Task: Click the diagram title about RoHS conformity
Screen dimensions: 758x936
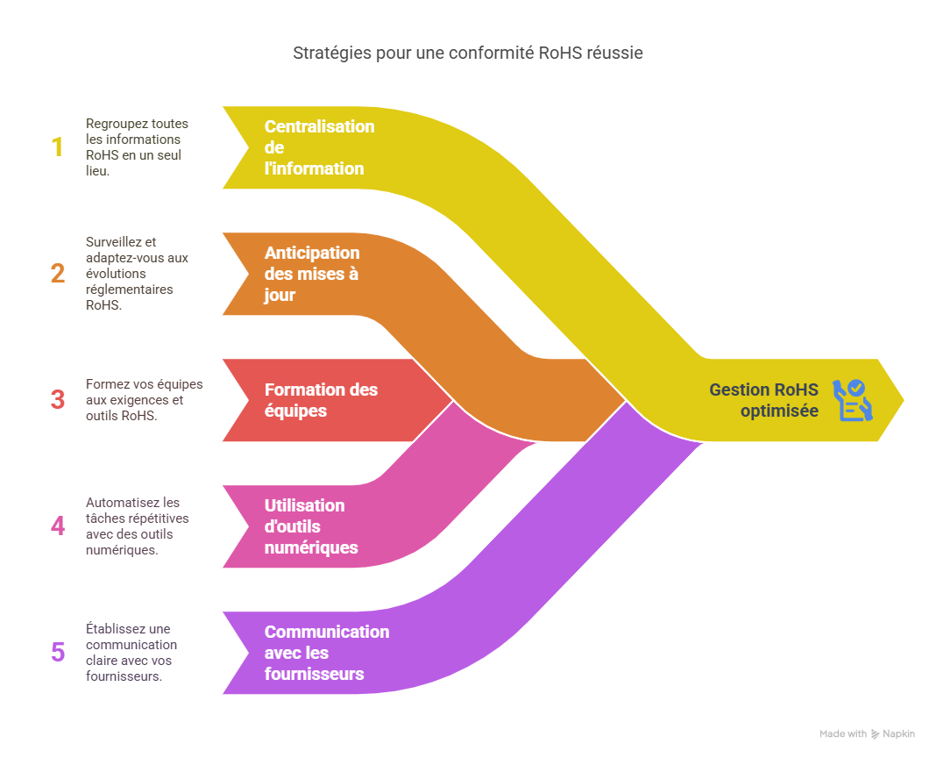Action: (467, 54)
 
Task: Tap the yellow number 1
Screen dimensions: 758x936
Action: (58, 147)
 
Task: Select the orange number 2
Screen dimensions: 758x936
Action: (58, 274)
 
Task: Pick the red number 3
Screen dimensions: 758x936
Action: (58, 400)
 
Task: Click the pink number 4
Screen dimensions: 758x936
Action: (58, 526)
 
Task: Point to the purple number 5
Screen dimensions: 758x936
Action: (58, 653)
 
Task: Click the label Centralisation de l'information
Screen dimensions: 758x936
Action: (319, 147)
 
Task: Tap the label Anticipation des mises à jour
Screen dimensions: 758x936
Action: (312, 274)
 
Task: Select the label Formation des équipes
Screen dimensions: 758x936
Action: (321, 400)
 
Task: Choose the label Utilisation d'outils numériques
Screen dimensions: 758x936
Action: (311, 526)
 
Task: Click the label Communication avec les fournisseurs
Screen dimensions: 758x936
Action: (326, 653)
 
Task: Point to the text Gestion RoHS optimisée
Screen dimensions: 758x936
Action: (763, 400)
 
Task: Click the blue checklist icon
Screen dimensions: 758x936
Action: (852, 400)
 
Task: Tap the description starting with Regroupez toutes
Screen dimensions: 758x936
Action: (137, 147)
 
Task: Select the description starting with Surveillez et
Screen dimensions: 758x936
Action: (137, 274)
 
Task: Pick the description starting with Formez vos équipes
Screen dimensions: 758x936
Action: (144, 400)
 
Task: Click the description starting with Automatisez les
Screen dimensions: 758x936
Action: (137, 526)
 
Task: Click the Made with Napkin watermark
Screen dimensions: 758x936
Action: (867, 733)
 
